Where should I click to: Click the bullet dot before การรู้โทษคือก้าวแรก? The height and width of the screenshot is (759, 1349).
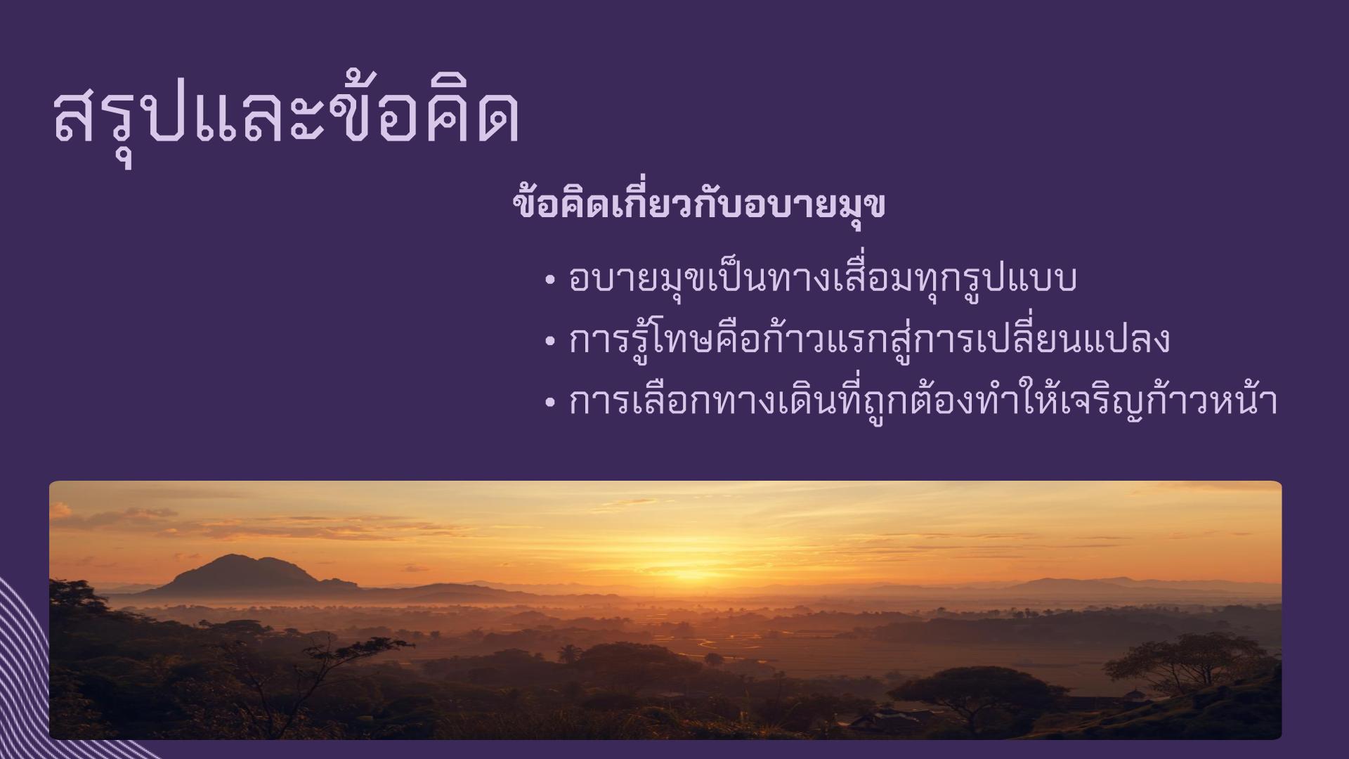coord(550,342)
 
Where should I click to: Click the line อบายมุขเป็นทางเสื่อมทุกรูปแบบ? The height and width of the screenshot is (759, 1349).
coord(823,279)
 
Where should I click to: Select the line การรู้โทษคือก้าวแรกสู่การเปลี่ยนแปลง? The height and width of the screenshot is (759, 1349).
coord(869,338)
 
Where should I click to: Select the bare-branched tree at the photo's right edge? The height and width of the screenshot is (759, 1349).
coord(1187,661)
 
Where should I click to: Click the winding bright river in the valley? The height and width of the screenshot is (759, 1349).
coord(724,643)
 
